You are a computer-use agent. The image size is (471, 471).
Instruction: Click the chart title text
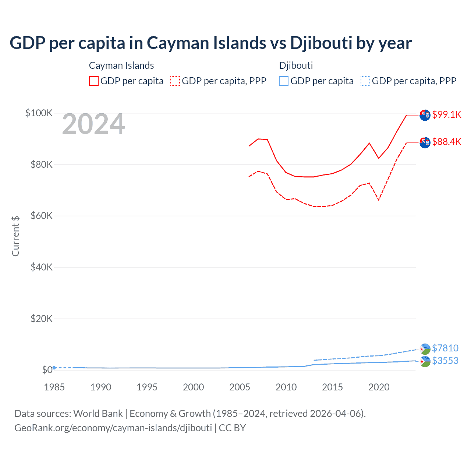click(210, 43)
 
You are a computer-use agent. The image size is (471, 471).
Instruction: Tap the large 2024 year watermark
click(93, 124)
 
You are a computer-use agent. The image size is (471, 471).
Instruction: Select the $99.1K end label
click(446, 114)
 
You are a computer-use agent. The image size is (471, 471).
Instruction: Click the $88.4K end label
click(446, 142)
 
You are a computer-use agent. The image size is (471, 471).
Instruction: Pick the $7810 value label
click(445, 348)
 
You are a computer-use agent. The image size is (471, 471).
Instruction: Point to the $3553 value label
click(445, 361)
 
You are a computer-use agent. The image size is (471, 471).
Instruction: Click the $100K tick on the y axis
click(39, 113)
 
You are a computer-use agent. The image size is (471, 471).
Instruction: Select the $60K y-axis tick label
click(42, 216)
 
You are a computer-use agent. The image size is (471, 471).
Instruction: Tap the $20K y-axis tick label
click(42, 319)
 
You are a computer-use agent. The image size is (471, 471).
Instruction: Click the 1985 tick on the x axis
click(54, 387)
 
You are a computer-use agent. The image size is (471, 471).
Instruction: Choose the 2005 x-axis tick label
click(240, 387)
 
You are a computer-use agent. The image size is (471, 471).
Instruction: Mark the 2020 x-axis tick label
click(379, 387)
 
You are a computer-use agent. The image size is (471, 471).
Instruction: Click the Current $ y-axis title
click(15, 236)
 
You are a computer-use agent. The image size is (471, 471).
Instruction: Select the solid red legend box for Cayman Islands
click(94, 81)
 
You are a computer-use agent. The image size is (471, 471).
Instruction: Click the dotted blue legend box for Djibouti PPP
click(365, 81)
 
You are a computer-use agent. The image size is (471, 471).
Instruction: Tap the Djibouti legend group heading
click(296, 65)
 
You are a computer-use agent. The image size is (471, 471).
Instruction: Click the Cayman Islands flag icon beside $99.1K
click(425, 115)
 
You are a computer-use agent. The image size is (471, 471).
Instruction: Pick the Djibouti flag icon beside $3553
click(425, 362)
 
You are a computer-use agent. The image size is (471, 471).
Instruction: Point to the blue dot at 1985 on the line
click(54, 368)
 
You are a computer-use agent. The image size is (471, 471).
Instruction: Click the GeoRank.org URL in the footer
click(113, 428)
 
